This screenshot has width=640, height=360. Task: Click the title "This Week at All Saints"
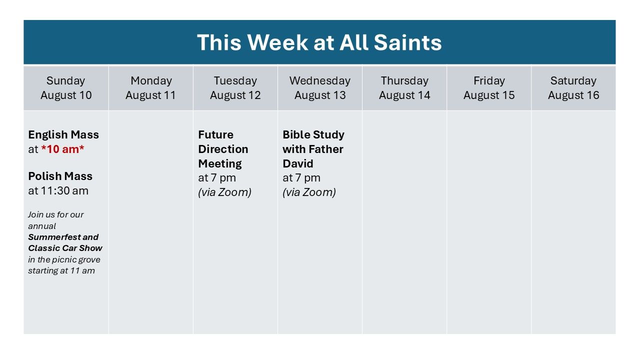click(x=319, y=42)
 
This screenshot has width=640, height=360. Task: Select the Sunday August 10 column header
click(x=66, y=88)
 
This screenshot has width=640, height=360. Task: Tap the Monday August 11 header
click(x=150, y=88)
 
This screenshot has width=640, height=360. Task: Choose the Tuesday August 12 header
click(x=235, y=88)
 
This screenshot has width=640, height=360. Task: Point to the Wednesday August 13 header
click(x=319, y=88)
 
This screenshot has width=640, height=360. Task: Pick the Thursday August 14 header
click(x=404, y=88)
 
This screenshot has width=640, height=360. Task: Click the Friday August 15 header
click(x=489, y=88)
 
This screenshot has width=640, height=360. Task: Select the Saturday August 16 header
click(x=573, y=88)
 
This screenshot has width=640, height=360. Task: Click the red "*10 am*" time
click(x=62, y=149)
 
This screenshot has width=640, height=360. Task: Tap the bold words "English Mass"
click(x=63, y=134)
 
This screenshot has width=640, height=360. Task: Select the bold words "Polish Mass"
click(x=60, y=176)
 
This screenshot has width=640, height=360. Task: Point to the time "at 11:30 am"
click(x=58, y=190)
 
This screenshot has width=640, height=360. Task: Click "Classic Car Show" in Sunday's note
click(x=65, y=248)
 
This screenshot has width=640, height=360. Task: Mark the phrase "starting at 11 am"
click(x=61, y=270)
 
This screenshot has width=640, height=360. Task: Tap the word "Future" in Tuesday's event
click(x=215, y=134)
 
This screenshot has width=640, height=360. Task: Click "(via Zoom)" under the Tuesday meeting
click(x=224, y=192)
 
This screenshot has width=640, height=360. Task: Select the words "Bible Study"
click(x=313, y=134)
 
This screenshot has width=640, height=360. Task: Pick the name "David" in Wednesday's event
click(x=297, y=163)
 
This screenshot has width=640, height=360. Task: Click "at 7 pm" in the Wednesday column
click(x=301, y=178)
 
